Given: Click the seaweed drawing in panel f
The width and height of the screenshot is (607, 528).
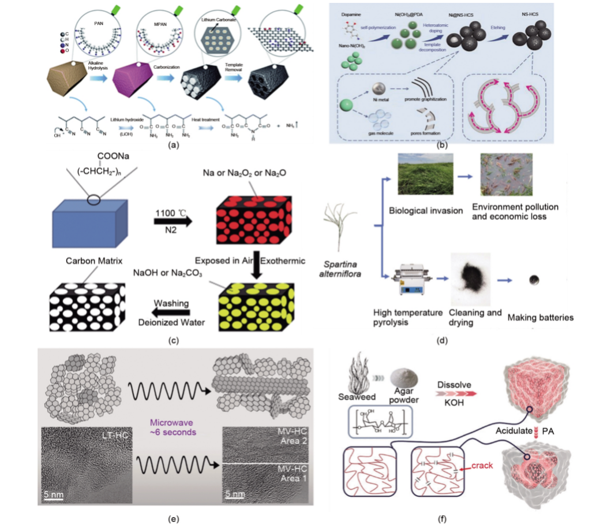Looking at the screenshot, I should [x=361, y=377].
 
